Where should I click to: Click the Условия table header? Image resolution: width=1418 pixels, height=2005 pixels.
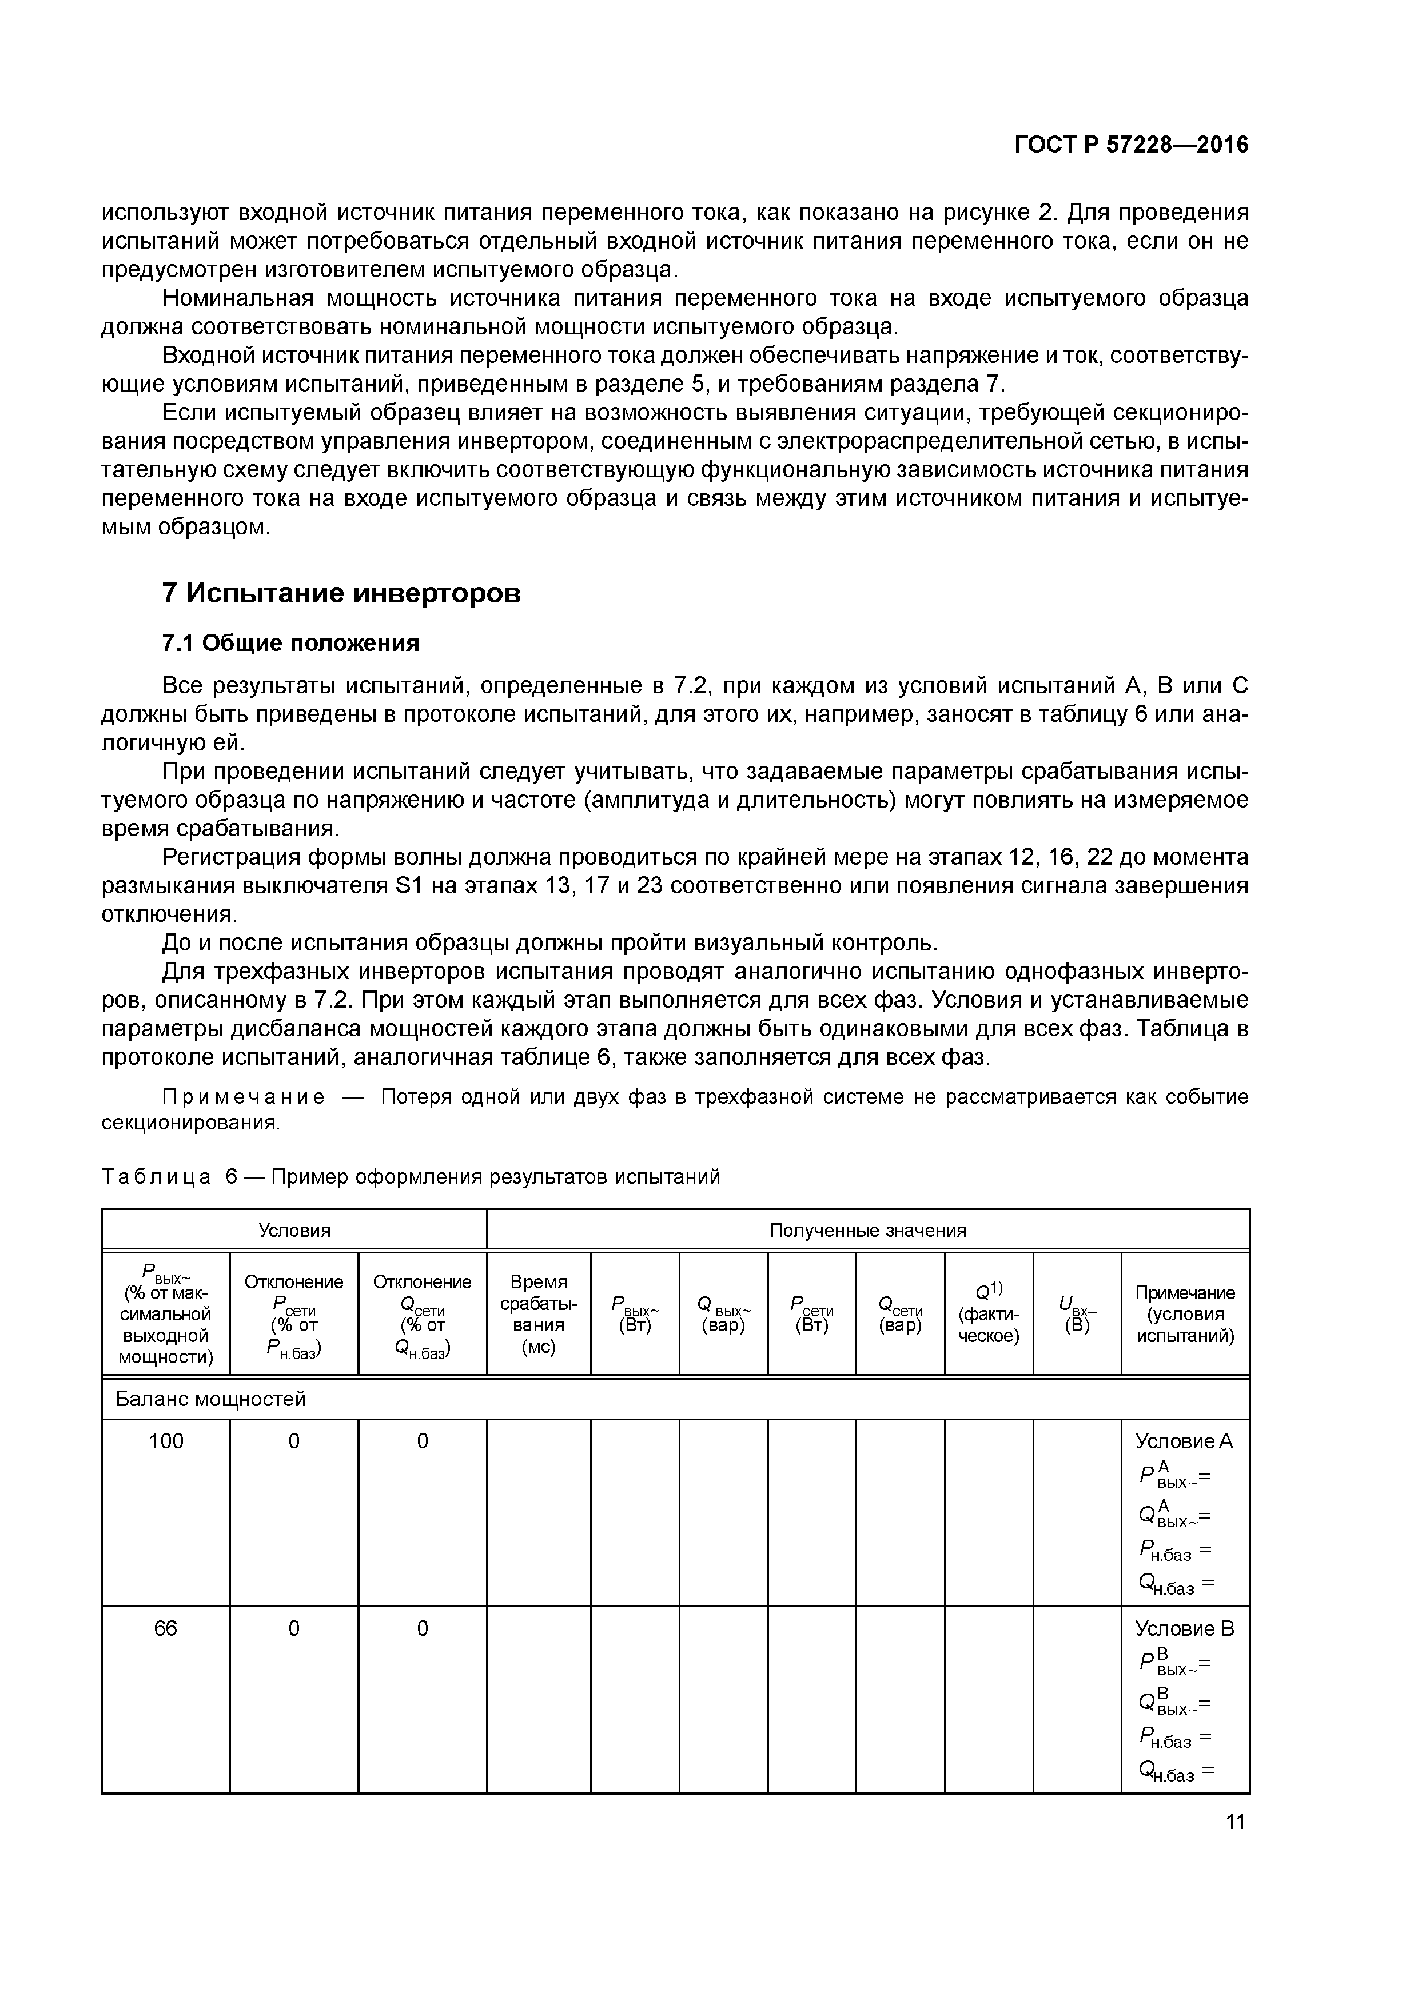(294, 1231)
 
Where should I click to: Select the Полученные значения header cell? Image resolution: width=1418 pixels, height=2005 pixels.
(867, 1231)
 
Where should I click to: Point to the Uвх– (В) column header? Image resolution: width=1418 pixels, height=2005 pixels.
(1077, 1313)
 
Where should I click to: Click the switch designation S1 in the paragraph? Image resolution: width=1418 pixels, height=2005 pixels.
(409, 885)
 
